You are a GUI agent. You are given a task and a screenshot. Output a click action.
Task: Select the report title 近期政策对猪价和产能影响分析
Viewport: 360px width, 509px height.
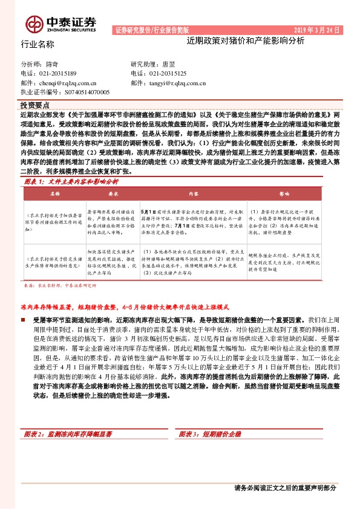[246, 41]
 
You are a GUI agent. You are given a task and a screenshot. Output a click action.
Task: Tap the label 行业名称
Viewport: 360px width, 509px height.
[38, 45]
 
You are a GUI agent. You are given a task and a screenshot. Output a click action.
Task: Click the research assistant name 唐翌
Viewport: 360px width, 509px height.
[169, 63]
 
